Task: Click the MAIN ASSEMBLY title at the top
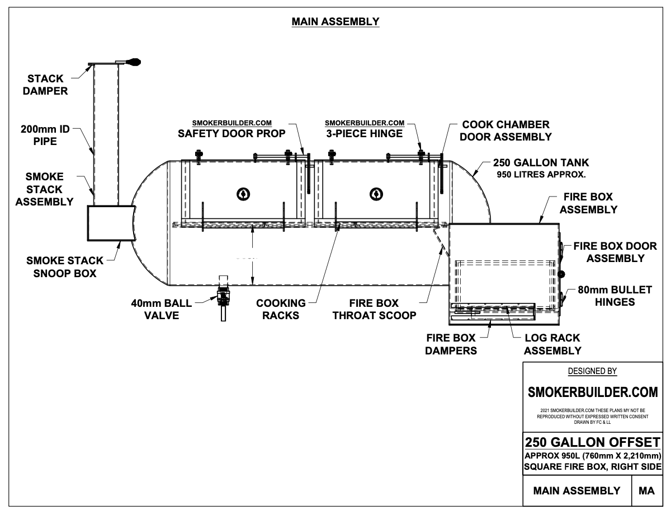click(335, 22)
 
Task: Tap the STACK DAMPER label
click(45, 85)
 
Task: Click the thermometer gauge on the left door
click(243, 194)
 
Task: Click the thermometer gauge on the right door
click(376, 194)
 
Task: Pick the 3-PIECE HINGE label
click(364, 134)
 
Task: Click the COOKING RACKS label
click(281, 309)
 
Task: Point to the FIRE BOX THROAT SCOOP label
click(374, 309)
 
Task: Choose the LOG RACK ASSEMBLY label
click(553, 344)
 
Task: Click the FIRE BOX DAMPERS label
click(451, 344)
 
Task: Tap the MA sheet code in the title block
click(646, 490)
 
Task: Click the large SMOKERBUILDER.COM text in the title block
click(593, 392)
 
